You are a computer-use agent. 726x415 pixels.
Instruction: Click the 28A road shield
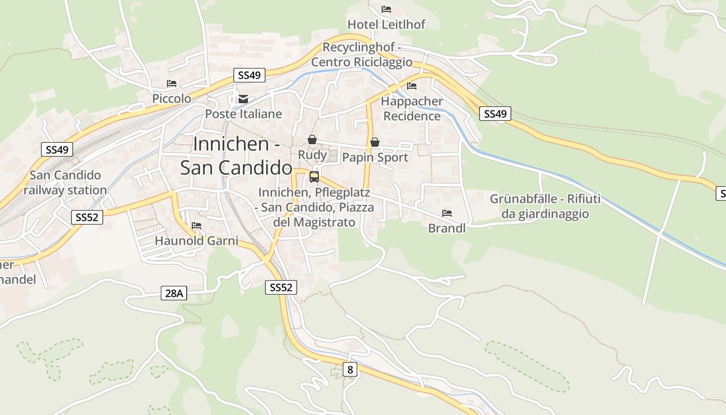point(174,293)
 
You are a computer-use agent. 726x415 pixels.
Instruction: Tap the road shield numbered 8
point(350,369)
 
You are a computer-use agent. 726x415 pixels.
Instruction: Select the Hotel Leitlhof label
point(386,24)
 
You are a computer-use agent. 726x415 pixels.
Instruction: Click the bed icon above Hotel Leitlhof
point(386,9)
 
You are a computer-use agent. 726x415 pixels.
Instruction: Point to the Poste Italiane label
point(244,114)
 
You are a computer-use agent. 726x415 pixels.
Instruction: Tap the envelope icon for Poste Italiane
point(243,99)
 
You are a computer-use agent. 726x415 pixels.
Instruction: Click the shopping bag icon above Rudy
point(312,140)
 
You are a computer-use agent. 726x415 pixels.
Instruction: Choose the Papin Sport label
point(375,157)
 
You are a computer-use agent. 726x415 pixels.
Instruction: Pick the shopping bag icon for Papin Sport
point(375,142)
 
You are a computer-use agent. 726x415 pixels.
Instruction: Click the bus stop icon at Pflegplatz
point(314,176)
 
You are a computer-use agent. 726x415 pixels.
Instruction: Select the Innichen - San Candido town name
point(236,156)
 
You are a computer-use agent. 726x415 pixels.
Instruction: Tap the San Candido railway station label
point(65,183)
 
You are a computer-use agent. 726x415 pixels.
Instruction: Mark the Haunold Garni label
point(197,241)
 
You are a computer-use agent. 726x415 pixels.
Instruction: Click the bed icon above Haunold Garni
point(197,226)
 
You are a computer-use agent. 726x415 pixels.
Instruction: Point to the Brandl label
point(446,228)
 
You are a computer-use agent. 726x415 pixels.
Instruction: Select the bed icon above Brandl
point(447,213)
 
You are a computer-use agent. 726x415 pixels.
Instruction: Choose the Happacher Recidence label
point(412,108)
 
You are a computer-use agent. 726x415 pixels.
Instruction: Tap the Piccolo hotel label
point(172,98)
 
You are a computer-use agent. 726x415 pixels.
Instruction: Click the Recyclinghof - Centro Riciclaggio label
point(362,54)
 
